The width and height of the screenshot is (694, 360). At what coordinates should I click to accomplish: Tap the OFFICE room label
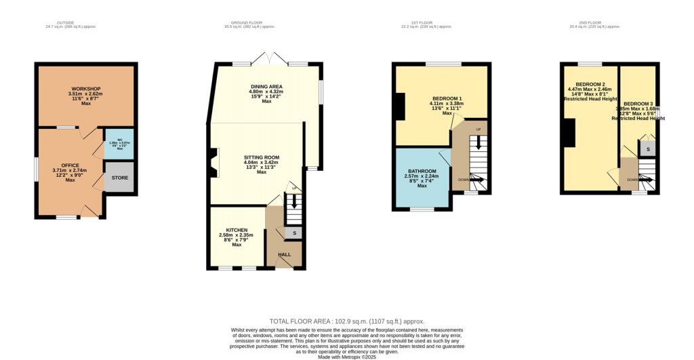coord(70,165)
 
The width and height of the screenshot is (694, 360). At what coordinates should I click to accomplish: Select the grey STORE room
coord(119,179)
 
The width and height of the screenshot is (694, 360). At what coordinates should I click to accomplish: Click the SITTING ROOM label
coord(262,157)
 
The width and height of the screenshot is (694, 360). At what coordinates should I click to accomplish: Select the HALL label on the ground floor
coord(285,255)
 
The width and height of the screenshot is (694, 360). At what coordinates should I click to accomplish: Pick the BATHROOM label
coord(422,171)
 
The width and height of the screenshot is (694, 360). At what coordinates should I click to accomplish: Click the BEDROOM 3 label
coord(638,103)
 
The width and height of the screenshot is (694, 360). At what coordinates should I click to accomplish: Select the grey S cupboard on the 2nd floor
coord(648,148)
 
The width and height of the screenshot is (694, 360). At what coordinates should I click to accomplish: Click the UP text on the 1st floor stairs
coord(478,129)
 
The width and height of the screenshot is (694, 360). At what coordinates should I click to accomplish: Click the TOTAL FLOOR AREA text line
coord(347,321)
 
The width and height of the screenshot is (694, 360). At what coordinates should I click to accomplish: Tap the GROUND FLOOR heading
coord(250,22)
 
